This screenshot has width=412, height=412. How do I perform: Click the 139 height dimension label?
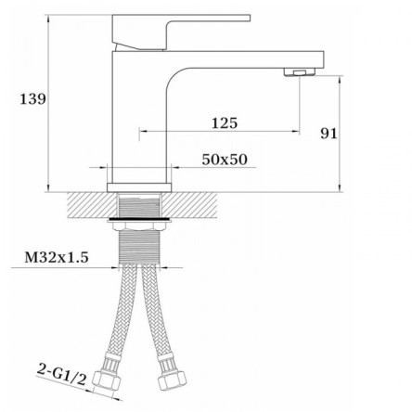(x=32, y=99)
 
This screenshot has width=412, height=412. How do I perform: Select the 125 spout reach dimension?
(x=225, y=123)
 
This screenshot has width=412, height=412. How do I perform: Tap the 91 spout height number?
(x=328, y=134)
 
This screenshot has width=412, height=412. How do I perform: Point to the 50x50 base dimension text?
(x=225, y=160)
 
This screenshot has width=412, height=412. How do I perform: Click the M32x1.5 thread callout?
(x=57, y=257)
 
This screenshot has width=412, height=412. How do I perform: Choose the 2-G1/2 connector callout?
(x=61, y=374)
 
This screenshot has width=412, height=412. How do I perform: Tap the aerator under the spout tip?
(x=300, y=72)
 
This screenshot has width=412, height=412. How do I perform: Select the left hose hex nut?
(x=106, y=380)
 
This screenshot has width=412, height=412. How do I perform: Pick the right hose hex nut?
(x=172, y=380)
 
